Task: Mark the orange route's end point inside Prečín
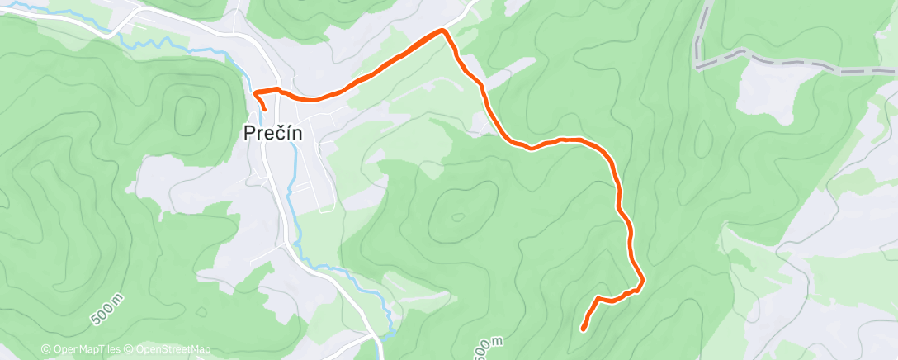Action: (265, 109)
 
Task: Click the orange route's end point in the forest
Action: (584, 329)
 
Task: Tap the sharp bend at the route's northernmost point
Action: (444, 31)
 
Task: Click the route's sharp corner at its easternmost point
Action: (642, 282)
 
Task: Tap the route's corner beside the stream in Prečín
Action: (255, 91)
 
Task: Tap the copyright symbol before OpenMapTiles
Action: (46, 350)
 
